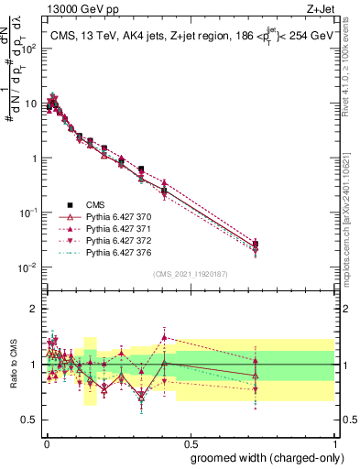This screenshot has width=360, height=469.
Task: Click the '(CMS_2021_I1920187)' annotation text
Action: tap(189, 274)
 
